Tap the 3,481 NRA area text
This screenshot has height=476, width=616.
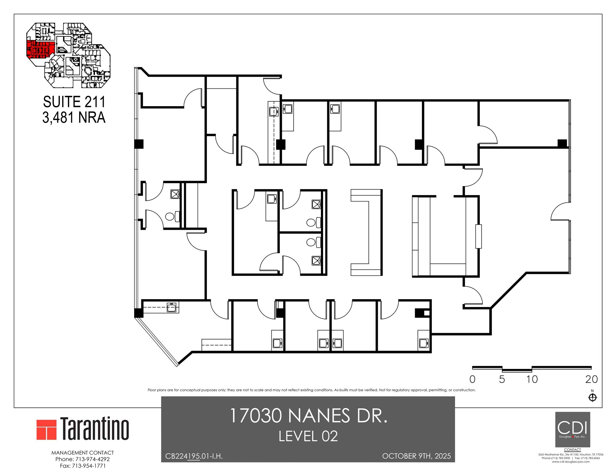[x=74, y=118]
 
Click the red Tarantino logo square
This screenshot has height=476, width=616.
[x=47, y=429]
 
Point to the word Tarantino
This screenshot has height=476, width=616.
[x=95, y=428]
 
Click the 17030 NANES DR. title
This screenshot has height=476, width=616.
[x=308, y=416]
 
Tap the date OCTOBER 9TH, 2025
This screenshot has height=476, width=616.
[x=416, y=456]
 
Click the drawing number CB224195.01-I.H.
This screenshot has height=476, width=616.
[x=194, y=456]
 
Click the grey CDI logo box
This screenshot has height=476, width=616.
[x=572, y=429]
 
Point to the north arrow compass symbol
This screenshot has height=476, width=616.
[x=592, y=398]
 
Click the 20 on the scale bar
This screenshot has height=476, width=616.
[x=591, y=379]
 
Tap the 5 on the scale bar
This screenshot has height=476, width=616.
[x=502, y=379]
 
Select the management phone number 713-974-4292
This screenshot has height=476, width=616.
[x=82, y=459]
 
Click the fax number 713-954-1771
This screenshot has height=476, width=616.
[x=82, y=466]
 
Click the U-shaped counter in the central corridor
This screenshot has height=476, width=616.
[x=366, y=232]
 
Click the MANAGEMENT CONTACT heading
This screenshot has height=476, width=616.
[x=82, y=453]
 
